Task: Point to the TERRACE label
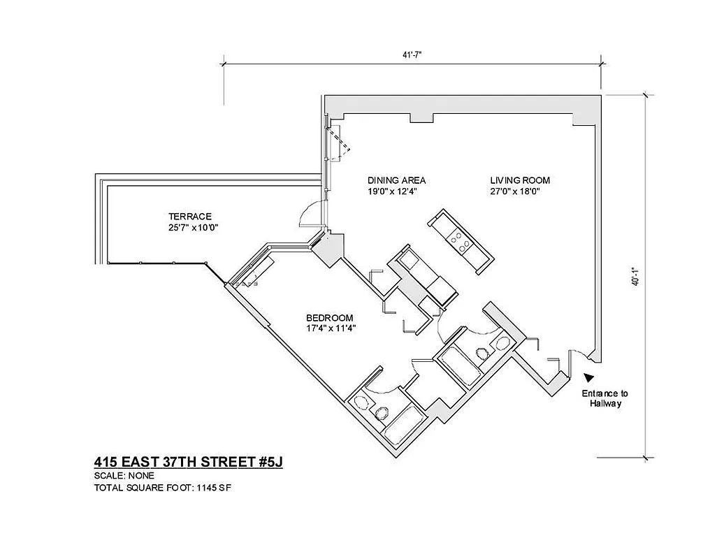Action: click(x=189, y=217)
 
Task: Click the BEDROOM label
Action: click(x=330, y=317)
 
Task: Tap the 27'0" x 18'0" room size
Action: click(x=516, y=191)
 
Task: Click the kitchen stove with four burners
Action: click(x=460, y=242)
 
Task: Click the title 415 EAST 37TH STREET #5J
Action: click(x=188, y=462)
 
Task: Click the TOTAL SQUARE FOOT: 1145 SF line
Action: click(x=162, y=487)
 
